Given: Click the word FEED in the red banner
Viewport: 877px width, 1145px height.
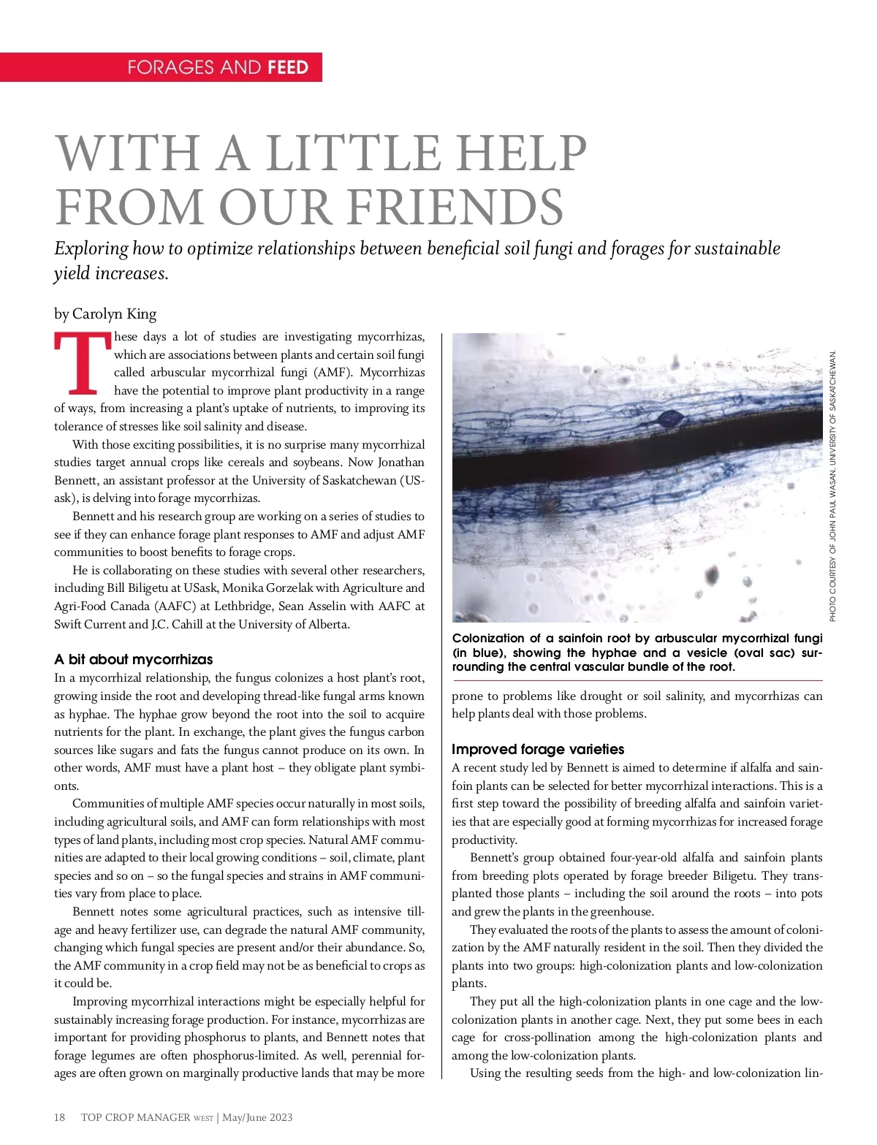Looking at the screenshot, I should tap(288, 68).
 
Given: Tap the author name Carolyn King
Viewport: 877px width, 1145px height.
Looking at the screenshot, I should tap(114, 314).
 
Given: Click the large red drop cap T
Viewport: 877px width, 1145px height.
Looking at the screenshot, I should tap(82, 363).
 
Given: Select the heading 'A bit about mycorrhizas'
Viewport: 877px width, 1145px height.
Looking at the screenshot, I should tap(133, 659).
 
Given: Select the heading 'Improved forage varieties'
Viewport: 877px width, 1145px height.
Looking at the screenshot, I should tap(538, 749).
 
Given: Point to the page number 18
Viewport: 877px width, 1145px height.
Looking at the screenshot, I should tap(60, 1117).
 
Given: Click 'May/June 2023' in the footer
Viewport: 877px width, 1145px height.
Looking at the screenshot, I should tap(257, 1117).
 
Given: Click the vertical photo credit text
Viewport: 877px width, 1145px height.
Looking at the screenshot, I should tap(832, 486).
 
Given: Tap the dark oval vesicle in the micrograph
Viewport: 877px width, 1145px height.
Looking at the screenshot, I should tap(669, 419).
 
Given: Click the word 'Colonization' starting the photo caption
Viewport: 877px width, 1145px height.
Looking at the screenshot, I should tap(488, 639).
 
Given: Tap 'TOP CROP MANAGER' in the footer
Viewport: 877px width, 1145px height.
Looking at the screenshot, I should tap(135, 1117).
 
